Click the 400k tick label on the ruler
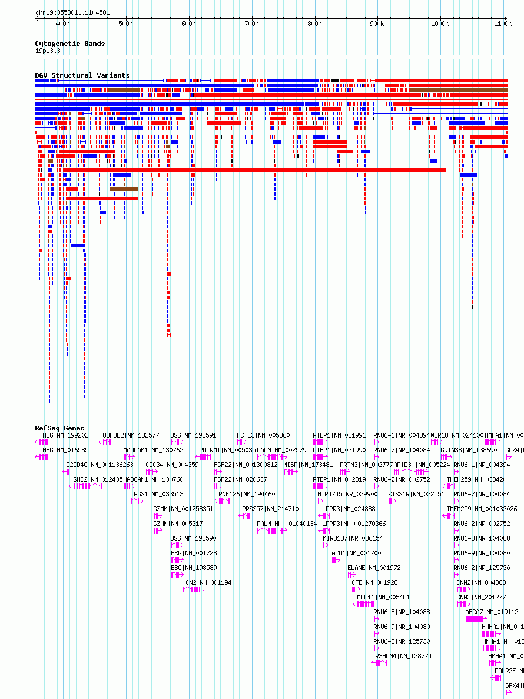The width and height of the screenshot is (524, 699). tap(62, 24)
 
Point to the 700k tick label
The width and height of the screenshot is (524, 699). tap(251, 24)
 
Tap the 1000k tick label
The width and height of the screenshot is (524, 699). tap(439, 24)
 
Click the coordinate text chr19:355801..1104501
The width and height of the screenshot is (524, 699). tap(72, 12)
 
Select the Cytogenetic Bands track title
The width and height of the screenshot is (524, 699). tap(69, 44)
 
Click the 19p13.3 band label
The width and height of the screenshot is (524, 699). tap(47, 51)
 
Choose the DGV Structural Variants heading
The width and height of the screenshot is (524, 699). tap(82, 75)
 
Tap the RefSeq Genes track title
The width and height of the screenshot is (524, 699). tap(59, 428)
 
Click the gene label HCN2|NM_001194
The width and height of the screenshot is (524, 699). tap(207, 582)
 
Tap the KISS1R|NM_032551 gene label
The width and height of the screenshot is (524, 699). tap(416, 494)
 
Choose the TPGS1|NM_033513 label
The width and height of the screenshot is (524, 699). tap(157, 494)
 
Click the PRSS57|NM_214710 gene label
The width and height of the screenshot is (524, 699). tap(270, 509)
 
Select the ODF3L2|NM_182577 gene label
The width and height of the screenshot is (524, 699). tap(131, 435)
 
